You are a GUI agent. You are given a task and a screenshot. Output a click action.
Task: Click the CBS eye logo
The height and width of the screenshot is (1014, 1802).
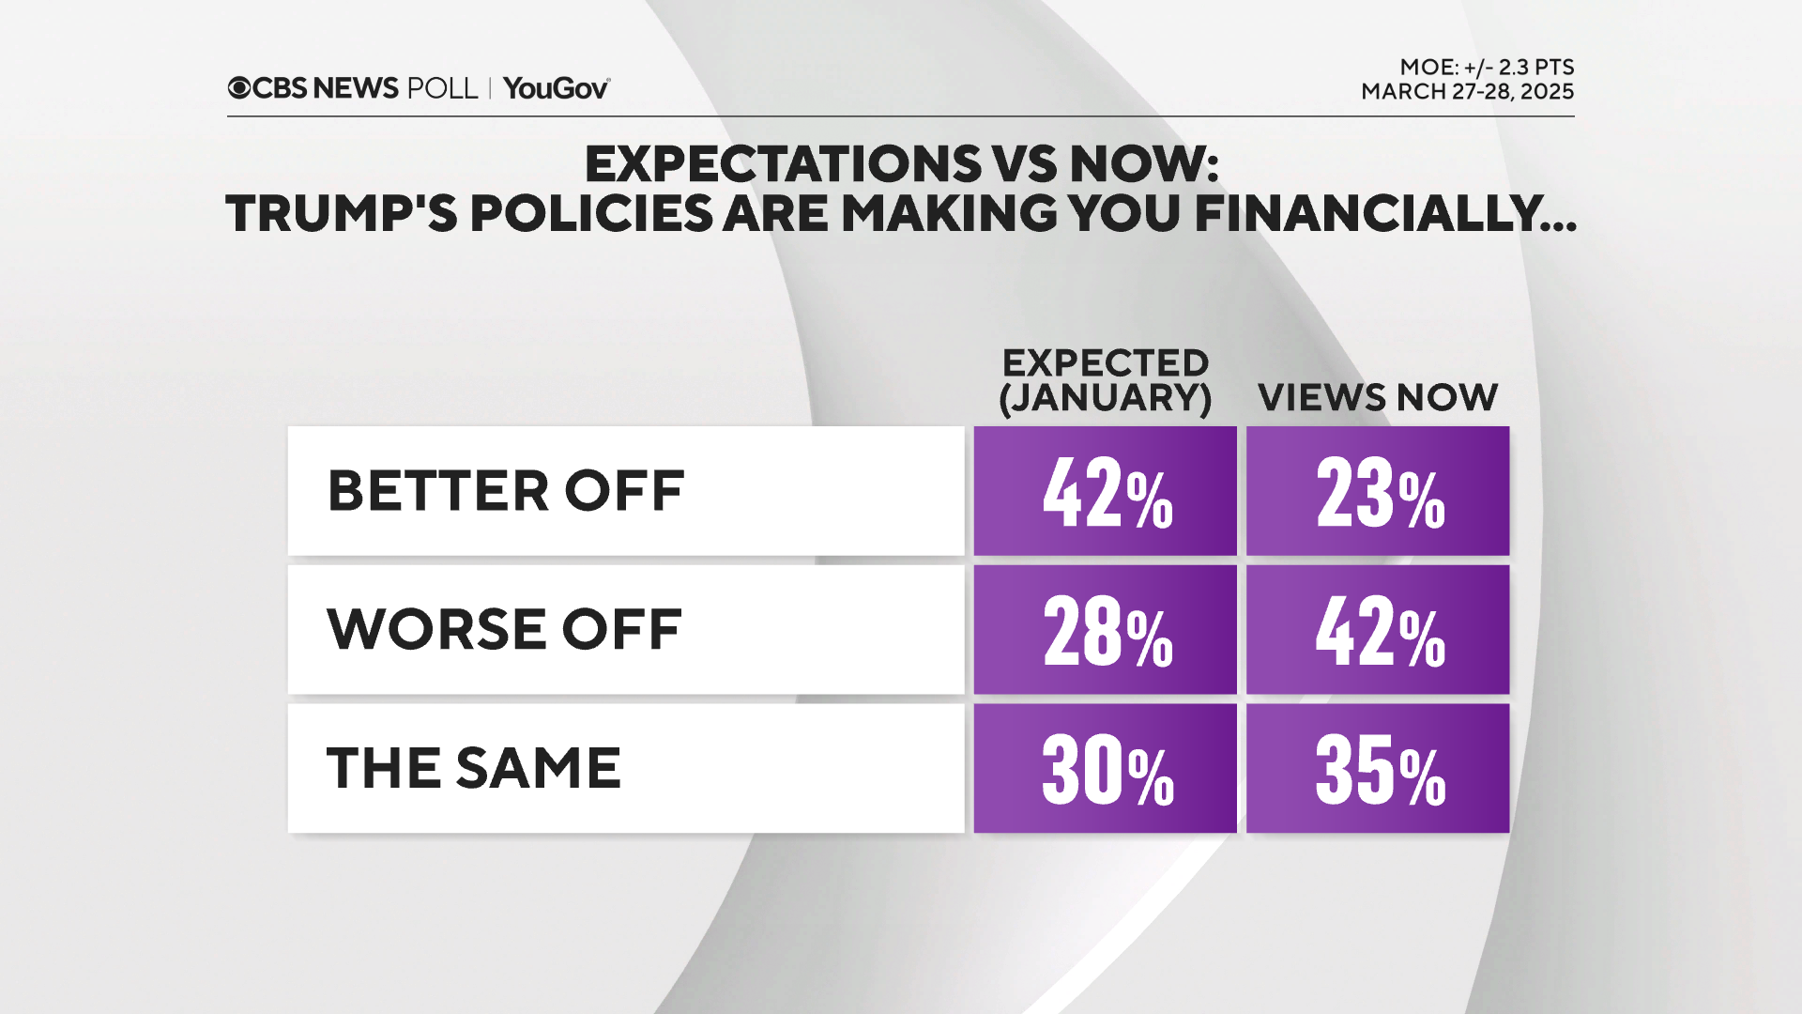[x=239, y=88]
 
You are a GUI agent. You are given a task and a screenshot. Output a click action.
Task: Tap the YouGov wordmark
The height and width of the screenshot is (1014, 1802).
[x=556, y=88]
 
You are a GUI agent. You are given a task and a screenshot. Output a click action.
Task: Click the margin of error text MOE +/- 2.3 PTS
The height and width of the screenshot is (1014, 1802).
[x=1486, y=68]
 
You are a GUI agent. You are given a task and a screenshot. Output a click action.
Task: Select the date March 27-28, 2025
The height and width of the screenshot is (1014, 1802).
[x=1467, y=92]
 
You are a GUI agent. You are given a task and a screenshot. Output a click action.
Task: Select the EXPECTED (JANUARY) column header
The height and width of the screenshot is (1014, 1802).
[x=1105, y=380]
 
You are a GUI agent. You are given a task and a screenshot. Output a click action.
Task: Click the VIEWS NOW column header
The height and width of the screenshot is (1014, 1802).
[x=1377, y=397]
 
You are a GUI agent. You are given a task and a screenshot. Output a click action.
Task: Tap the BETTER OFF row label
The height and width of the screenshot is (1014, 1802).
[x=505, y=490]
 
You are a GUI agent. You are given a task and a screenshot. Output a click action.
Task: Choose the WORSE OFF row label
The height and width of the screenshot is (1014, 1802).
[x=504, y=629]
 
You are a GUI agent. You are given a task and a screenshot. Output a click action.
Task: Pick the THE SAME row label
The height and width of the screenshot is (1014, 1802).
[x=474, y=768]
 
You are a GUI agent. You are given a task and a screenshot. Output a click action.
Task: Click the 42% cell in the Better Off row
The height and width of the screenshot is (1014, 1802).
[x=1106, y=491]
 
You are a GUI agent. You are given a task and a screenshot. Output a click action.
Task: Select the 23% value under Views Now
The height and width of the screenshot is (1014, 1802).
[x=1378, y=491]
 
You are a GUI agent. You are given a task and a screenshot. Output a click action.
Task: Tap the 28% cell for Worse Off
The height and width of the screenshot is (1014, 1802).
[x=1106, y=630]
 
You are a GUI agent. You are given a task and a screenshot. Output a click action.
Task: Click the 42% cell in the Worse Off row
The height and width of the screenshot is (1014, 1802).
[x=1378, y=630]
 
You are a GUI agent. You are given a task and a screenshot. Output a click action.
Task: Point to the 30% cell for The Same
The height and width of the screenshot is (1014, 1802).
[x=1106, y=769]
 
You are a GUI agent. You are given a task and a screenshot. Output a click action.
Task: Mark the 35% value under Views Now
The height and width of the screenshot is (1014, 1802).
[x=1378, y=769]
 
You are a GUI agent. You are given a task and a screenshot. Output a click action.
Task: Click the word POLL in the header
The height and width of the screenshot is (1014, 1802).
[x=442, y=88]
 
